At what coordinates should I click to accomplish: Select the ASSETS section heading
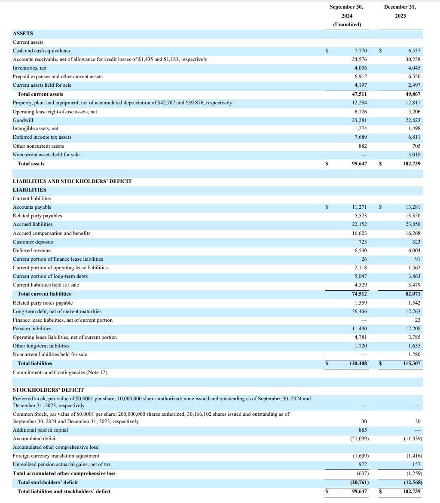pos(23,34)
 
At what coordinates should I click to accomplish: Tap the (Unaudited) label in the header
pos(347,24)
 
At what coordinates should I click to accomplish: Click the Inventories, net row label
pos(30,68)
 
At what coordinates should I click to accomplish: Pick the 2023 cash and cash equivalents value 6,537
pos(414,51)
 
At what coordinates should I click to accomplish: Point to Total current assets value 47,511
pos(359,94)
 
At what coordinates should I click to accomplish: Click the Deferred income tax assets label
pos(42,137)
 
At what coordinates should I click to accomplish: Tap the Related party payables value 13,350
pos(413,216)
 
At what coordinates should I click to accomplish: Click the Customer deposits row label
pos(33,242)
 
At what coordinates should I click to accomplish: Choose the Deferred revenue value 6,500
pos(361,250)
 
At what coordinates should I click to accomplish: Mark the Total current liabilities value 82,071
pos(413,294)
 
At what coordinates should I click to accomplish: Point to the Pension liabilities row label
pos(32,329)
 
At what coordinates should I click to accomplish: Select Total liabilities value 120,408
pos(358,363)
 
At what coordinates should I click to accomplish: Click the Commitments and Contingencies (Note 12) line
pos(60,372)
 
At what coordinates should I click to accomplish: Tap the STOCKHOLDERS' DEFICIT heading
pos(48,390)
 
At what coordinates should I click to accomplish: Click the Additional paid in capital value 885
pos(362,430)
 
